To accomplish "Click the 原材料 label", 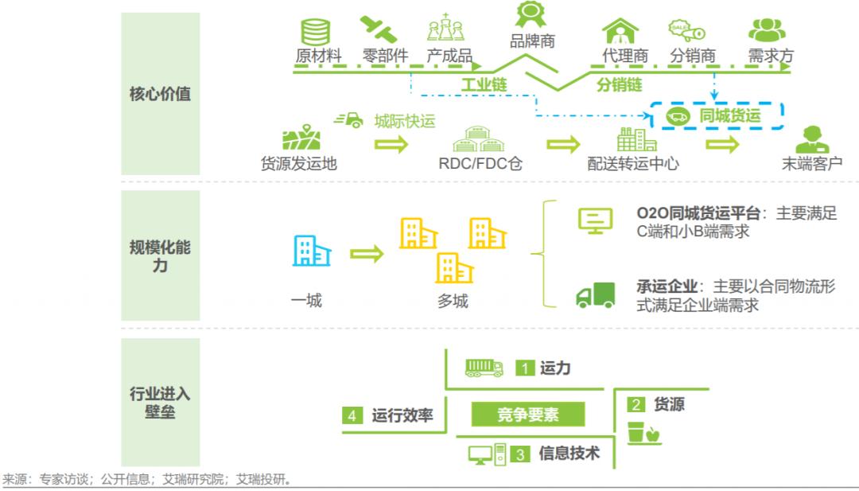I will (x=318, y=57).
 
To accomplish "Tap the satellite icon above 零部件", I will (x=378, y=29).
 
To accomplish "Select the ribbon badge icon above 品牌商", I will (x=530, y=14).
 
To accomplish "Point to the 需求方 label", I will (x=770, y=57).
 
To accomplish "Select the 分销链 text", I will (x=619, y=84).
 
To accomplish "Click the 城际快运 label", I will (x=406, y=121).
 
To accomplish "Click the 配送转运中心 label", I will (x=633, y=164).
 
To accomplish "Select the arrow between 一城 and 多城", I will (x=367, y=254).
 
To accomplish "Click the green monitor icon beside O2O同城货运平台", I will (x=595, y=221).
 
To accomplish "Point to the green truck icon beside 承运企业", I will (x=596, y=295).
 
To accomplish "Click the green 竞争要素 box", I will (x=528, y=415).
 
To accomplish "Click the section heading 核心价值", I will (x=160, y=94).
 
